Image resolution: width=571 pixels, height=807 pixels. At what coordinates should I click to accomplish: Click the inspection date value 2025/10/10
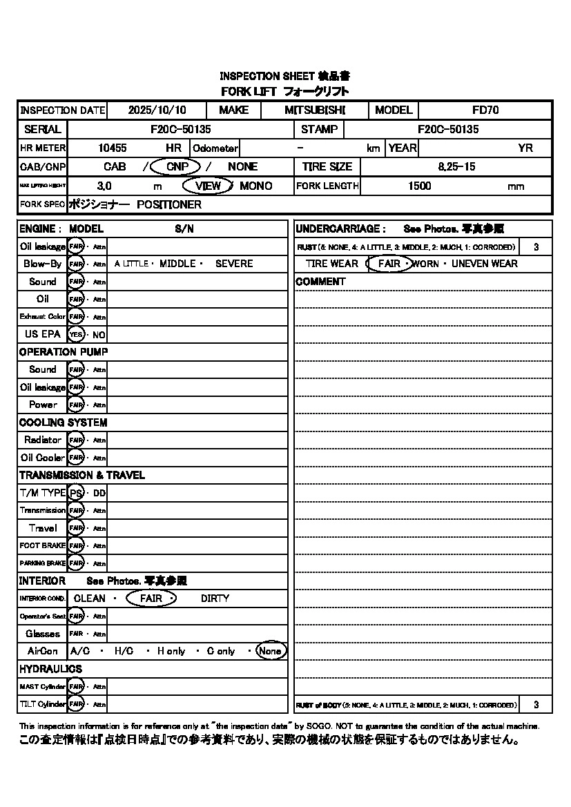[157, 110]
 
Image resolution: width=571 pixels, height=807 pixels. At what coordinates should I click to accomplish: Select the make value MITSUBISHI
[315, 110]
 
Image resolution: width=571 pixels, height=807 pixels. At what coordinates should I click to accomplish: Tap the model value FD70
[485, 110]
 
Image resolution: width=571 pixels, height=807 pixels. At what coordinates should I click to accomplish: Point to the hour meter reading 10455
[113, 148]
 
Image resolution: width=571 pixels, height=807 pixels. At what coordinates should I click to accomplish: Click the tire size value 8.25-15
[456, 166]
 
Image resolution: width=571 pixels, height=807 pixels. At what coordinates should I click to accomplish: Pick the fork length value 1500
[420, 186]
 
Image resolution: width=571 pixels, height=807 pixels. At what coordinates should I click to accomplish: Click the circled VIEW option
[208, 186]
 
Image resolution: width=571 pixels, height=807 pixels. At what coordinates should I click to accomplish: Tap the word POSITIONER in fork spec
[169, 205]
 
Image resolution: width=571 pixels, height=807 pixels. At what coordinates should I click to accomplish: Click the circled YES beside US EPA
[75, 334]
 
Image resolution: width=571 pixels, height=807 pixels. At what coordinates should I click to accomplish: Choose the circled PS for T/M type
[76, 493]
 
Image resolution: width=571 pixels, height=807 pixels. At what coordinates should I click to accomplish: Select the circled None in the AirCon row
[270, 651]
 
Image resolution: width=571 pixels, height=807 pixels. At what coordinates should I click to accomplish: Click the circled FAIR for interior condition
[151, 599]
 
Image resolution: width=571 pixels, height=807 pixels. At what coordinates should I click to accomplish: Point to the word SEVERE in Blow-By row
[234, 264]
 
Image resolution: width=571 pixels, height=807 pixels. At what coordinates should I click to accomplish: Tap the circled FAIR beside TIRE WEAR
[389, 264]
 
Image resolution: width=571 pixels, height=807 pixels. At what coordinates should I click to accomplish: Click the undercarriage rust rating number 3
[536, 246]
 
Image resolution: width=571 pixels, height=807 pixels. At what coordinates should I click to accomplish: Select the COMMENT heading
[320, 282]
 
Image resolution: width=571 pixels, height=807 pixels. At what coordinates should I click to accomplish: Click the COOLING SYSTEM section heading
[63, 422]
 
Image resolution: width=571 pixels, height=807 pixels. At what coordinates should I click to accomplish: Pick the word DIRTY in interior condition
[215, 599]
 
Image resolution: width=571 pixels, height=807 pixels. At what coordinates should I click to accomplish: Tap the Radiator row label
[43, 440]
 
